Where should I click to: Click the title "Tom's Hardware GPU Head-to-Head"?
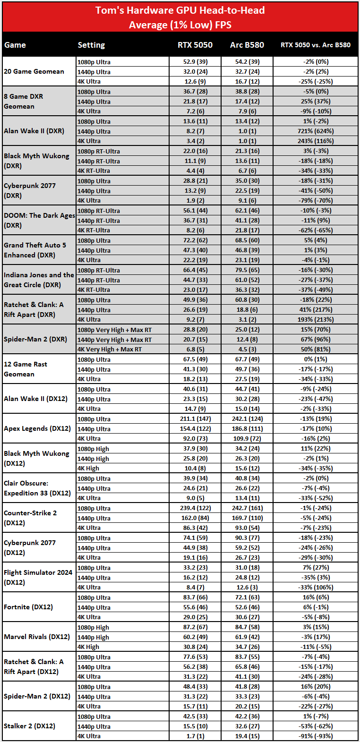click(x=180, y=10)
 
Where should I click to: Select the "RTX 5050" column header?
click(x=195, y=45)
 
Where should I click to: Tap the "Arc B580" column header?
click(x=247, y=45)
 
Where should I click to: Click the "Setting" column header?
click(x=91, y=45)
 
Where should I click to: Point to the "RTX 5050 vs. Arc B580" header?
click(x=315, y=45)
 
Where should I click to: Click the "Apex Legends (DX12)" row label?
click(x=37, y=428)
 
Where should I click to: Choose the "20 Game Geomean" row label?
click(x=34, y=71)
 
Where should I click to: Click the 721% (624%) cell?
click(x=316, y=131)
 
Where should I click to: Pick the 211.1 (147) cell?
click(x=195, y=419)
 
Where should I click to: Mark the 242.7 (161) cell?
click(x=247, y=508)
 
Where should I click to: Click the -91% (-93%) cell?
click(x=316, y=736)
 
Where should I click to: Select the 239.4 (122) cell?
click(x=195, y=508)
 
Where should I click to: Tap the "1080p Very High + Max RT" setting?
click(x=114, y=330)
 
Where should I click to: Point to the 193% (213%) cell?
click(x=316, y=319)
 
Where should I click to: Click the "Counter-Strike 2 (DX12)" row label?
click(x=30, y=518)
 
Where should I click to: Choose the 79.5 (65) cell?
click(x=247, y=270)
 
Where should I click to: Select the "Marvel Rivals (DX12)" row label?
click(x=37, y=637)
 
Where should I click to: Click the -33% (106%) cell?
click(x=316, y=587)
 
